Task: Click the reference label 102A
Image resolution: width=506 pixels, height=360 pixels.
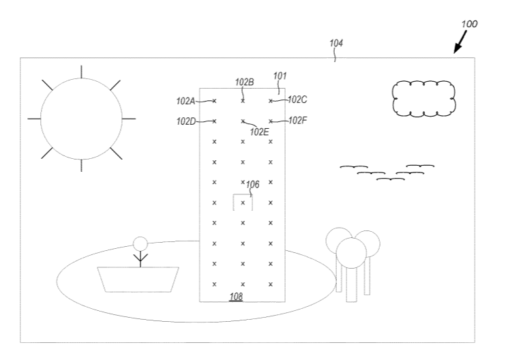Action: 185,101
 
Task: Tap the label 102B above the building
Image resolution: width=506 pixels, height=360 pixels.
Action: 244,82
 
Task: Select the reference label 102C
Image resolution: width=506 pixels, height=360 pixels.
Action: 297,100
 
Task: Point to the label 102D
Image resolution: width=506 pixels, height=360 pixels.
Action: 186,121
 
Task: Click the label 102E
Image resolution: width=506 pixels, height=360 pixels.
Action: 259,132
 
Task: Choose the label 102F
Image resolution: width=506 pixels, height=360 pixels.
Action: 297,120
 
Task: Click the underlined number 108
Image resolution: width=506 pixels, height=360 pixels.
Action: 236,297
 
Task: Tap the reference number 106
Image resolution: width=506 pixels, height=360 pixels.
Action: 252,185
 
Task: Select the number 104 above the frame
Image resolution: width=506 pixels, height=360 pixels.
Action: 336,43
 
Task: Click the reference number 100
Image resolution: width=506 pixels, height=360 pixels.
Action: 469,24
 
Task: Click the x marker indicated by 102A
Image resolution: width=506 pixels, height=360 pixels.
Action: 214,101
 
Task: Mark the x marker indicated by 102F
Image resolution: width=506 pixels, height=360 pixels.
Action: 271,121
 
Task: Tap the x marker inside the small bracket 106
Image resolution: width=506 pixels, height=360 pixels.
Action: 243,202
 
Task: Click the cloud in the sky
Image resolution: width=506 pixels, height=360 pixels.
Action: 424,98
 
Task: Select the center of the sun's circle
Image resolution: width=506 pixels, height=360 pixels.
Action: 81,119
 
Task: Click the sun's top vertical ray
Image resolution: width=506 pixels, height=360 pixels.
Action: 81,72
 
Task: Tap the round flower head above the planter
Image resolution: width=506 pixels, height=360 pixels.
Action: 140,244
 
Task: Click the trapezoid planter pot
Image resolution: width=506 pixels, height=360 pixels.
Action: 138,280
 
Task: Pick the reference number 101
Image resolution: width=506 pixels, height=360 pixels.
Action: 280,76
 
